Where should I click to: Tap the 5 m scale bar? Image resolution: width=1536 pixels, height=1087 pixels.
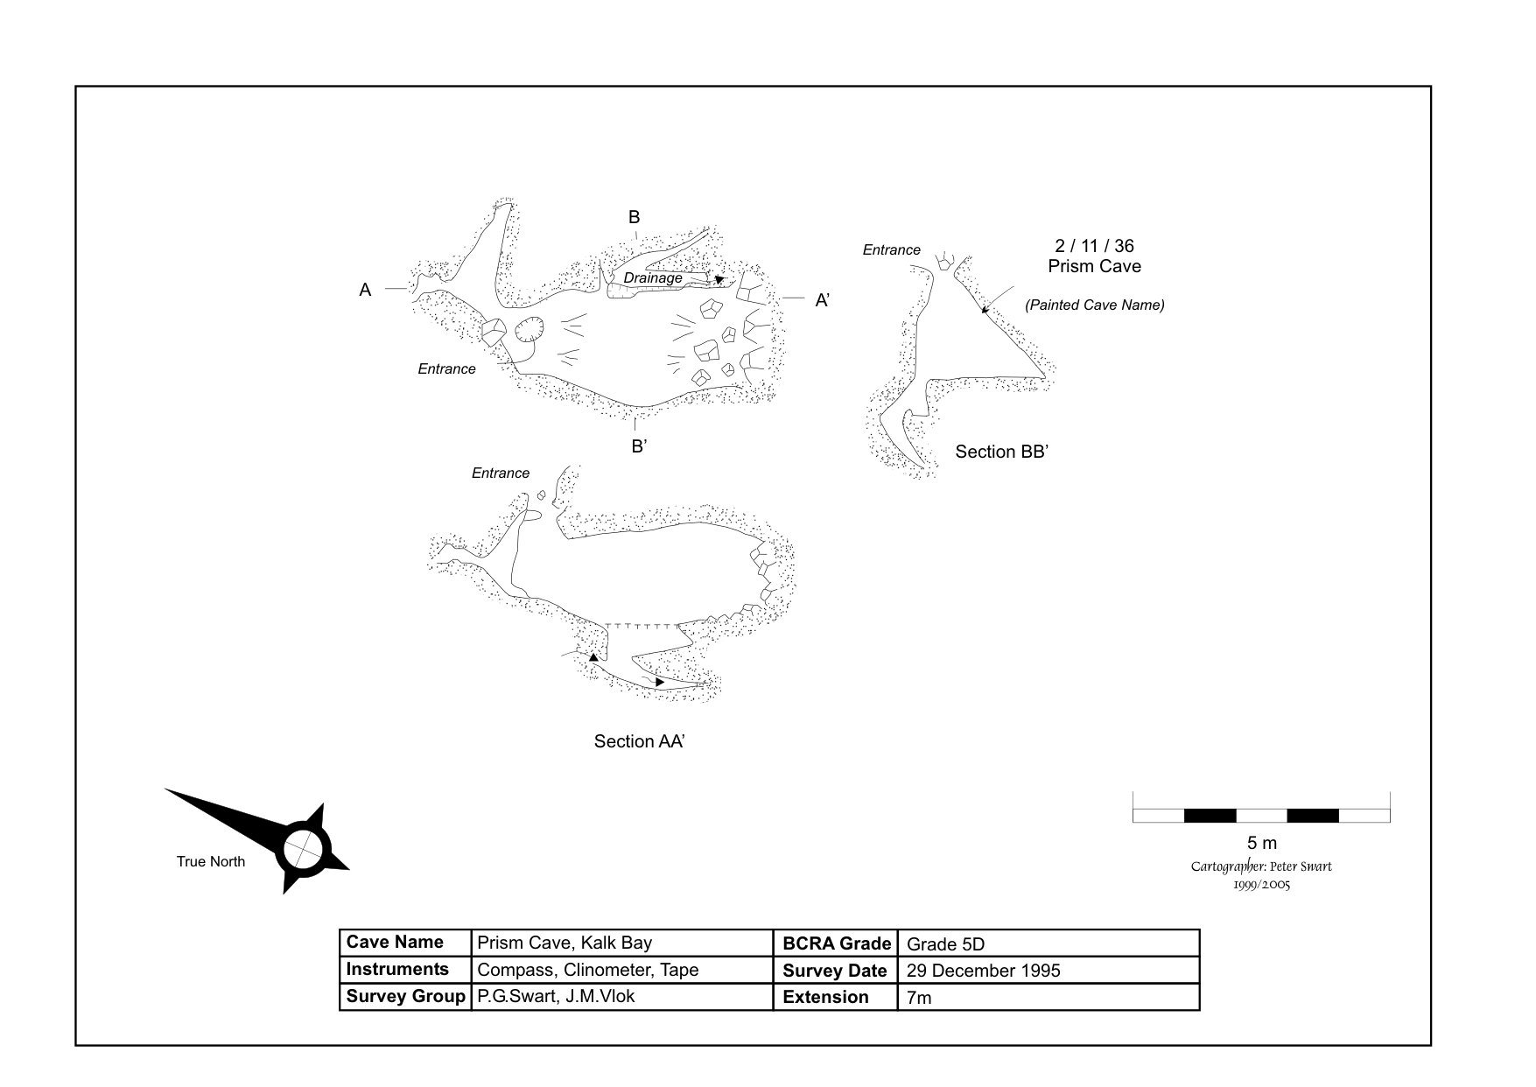point(1261,815)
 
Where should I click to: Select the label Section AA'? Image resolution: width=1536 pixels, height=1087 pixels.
point(639,741)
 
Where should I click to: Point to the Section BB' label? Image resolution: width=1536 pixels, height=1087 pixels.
point(1001,452)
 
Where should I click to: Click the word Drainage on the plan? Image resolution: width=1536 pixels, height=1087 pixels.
point(653,278)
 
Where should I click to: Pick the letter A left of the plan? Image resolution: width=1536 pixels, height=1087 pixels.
point(365,290)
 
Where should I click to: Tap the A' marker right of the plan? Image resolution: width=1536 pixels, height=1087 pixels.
point(823,300)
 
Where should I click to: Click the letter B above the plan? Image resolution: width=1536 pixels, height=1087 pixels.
point(635,217)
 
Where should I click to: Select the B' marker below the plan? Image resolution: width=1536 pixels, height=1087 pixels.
point(639,446)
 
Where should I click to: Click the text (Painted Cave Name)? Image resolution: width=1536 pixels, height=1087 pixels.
point(1094,305)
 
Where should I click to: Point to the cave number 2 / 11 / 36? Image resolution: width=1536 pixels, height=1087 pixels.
point(1094,246)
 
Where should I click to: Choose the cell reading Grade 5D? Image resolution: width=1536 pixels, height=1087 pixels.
point(945,944)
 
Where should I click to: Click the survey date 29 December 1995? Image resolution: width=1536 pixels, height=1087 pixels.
point(983,971)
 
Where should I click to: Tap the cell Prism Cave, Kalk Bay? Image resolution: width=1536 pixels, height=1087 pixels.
point(565,943)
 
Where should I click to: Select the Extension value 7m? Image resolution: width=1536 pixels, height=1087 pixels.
point(919,998)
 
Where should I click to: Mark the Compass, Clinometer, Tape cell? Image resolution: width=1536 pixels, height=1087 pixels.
point(587,970)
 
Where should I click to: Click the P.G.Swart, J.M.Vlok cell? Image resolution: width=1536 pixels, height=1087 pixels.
point(556,996)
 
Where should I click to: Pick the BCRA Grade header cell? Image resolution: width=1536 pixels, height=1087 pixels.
point(836,943)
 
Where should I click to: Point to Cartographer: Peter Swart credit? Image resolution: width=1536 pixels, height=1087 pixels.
point(1261,866)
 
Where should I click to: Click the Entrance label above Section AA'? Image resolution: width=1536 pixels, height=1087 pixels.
point(501,473)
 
